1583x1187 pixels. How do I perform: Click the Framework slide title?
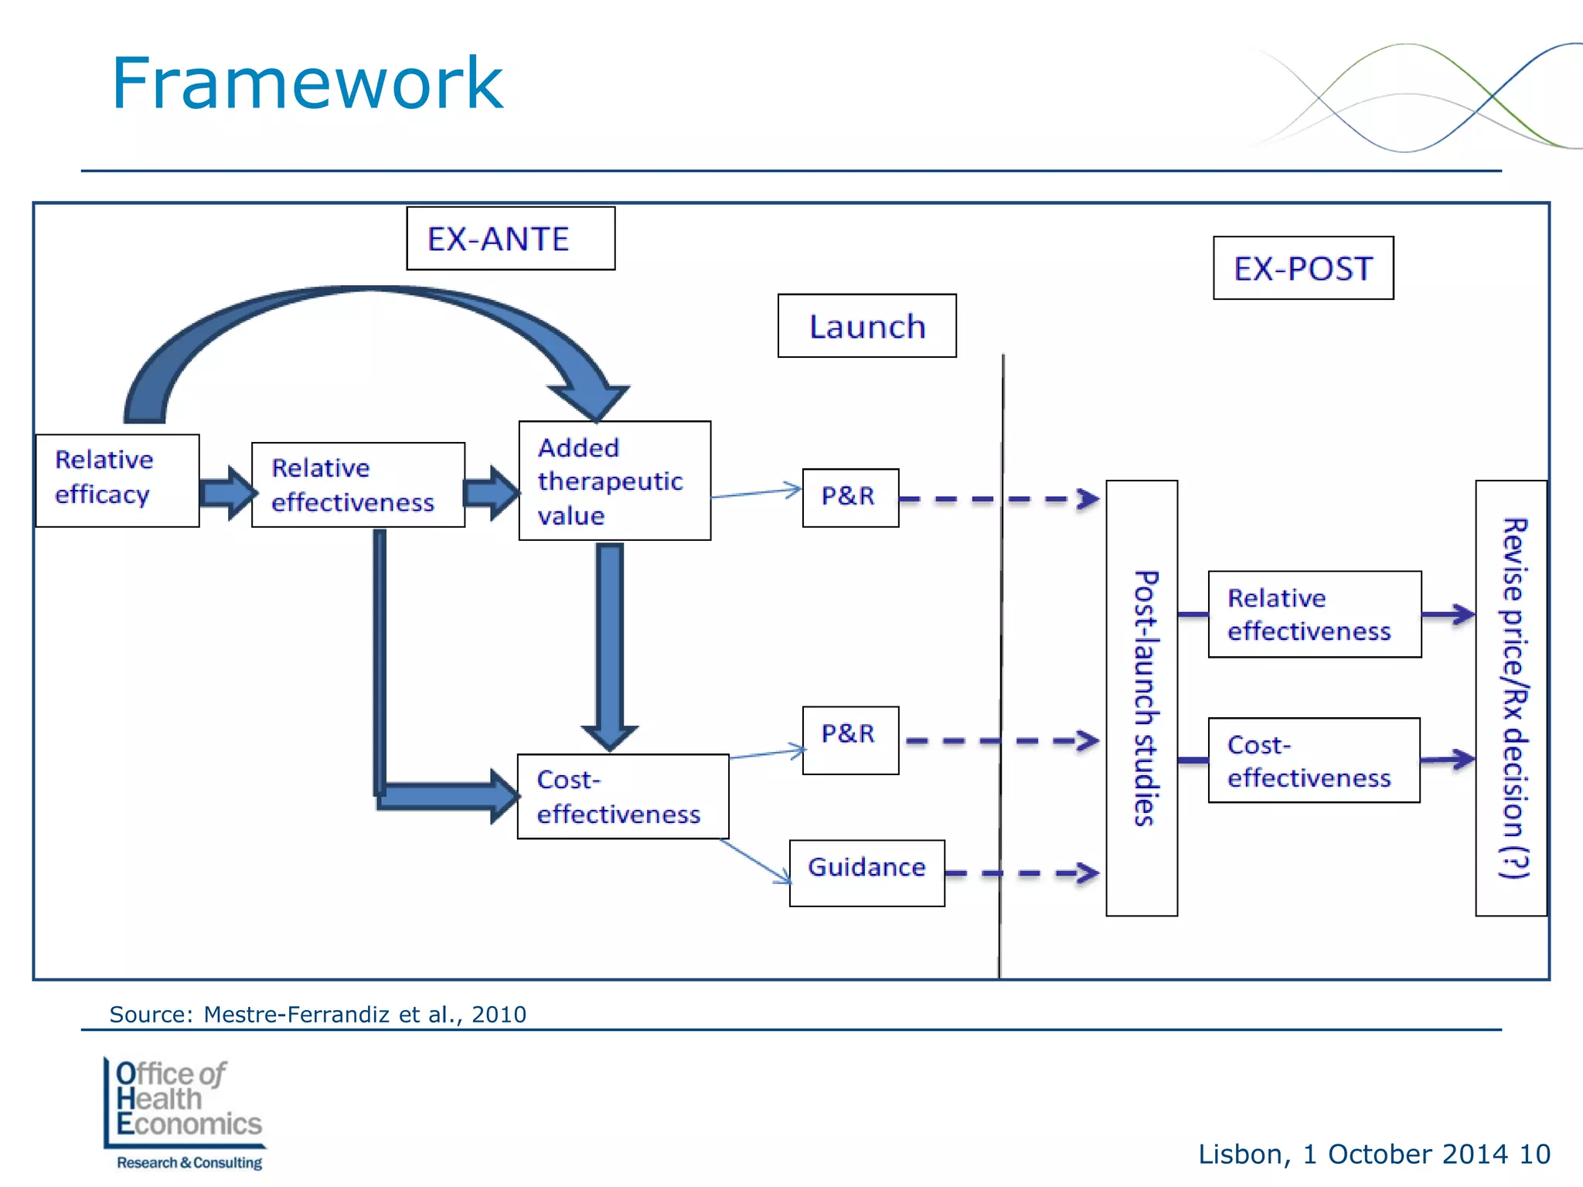coord(307,83)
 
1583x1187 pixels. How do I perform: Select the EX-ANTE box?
coord(510,239)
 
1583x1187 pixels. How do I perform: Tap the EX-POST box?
coord(1303,268)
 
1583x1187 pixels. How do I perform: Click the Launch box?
coord(866,326)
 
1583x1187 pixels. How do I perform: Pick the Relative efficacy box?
coord(117,480)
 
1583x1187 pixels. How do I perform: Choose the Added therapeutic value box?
coord(614,481)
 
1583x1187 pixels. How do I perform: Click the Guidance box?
coord(866,872)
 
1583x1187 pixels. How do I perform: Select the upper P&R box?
coord(850,497)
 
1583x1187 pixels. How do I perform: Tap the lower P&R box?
coord(850,740)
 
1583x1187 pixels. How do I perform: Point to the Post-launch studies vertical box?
coord(1142,698)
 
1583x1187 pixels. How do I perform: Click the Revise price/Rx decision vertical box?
coord(1511,698)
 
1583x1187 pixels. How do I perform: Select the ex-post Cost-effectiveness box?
coord(1314,760)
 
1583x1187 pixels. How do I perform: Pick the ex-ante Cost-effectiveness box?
coord(622,796)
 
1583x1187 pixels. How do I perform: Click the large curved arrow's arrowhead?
coord(591,398)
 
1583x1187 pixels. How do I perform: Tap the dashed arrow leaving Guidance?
coord(1020,873)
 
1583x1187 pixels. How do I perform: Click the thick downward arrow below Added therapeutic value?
coord(610,641)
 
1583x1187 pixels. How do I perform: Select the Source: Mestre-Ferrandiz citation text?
coord(318,1014)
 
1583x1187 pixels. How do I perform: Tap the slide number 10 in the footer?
coord(1534,1154)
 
